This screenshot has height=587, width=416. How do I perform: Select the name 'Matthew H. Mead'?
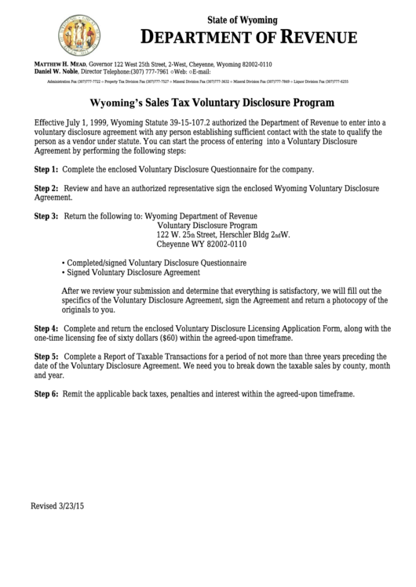(60, 63)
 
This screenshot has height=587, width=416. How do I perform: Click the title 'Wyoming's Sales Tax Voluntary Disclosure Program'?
(213, 102)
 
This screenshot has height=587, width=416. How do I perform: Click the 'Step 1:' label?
(46, 169)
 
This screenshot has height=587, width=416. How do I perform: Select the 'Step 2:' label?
(46, 189)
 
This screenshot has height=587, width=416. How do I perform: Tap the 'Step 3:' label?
(46, 216)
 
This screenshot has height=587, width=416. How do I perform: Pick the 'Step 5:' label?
(46, 356)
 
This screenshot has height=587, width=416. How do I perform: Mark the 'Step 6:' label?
(46, 393)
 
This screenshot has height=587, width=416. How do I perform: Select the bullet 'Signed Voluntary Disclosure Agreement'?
(130, 273)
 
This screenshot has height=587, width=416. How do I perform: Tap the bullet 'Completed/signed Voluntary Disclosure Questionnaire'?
(154, 263)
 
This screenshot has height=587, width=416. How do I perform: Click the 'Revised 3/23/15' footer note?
(57, 506)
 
